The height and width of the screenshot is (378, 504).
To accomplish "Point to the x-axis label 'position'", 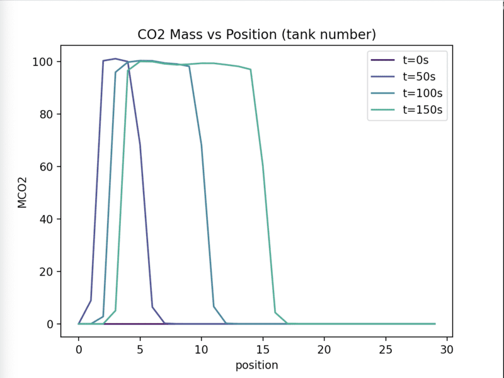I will (x=256, y=365).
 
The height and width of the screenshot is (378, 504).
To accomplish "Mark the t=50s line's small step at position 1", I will (x=91, y=300).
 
